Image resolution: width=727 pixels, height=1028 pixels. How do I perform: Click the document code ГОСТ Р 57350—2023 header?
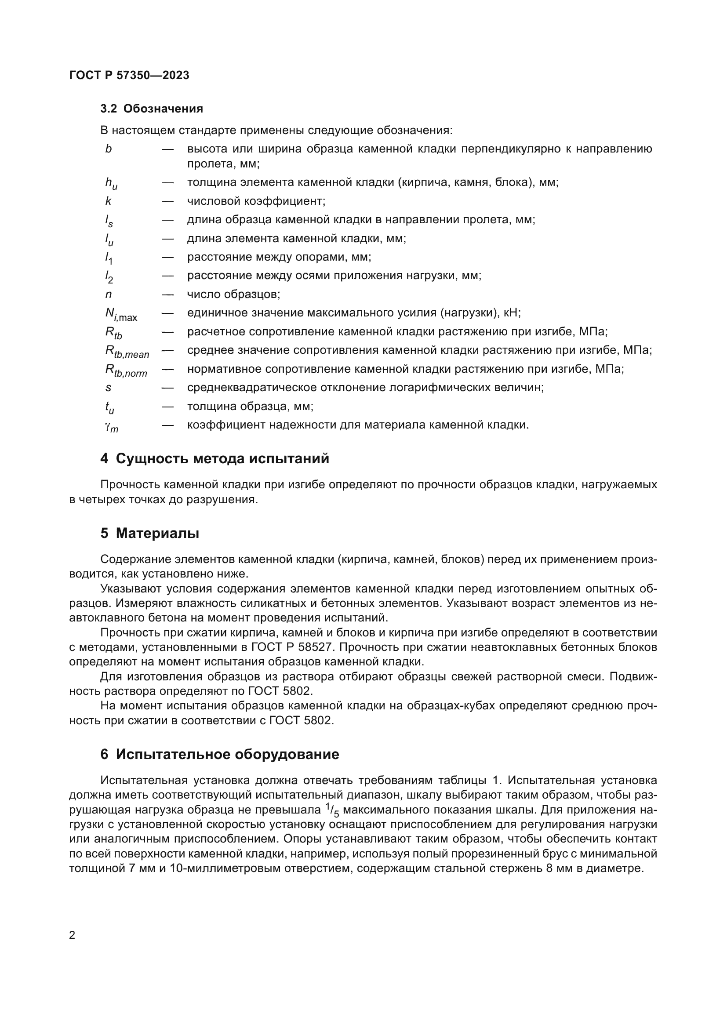[x=129, y=75]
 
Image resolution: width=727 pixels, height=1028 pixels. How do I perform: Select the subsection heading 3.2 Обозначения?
[x=151, y=109]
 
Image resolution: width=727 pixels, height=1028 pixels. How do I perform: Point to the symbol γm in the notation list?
[x=112, y=427]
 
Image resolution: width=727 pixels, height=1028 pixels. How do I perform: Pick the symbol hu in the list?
[x=111, y=184]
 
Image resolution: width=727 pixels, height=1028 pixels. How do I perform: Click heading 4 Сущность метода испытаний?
[x=215, y=459]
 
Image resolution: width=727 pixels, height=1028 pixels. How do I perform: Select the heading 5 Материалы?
[x=149, y=533]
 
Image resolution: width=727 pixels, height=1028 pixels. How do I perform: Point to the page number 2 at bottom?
[x=73, y=935]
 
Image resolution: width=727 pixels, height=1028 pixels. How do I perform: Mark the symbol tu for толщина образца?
[x=110, y=407]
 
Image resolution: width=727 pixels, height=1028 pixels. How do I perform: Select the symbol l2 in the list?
[x=109, y=277]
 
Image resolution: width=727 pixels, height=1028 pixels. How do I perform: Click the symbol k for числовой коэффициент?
[x=108, y=201]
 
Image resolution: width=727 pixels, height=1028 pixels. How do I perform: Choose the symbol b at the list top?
[x=108, y=149]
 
